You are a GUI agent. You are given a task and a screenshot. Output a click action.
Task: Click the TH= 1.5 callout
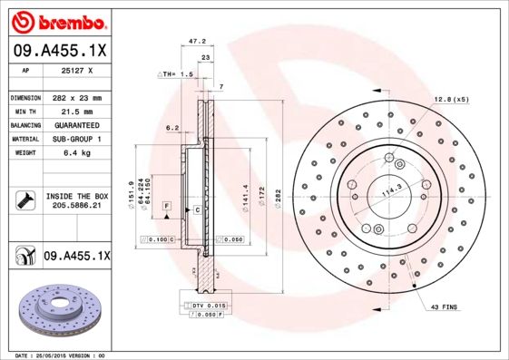[178, 73]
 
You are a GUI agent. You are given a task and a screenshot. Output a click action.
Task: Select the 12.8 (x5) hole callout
[451, 98]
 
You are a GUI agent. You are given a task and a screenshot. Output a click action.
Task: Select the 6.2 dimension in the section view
[171, 128]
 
